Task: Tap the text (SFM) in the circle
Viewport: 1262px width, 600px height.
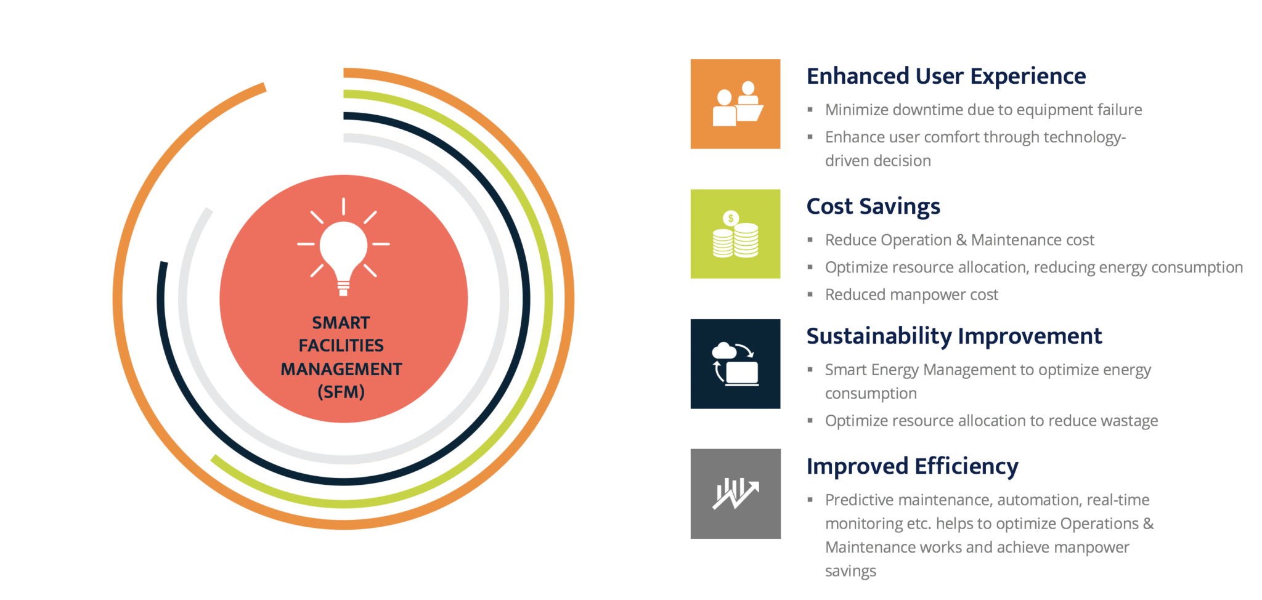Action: pos(341,392)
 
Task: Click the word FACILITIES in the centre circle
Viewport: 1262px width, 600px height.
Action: pos(341,346)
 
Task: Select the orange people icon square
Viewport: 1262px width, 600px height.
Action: pos(735,104)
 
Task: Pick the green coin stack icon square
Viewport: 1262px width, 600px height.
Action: pos(735,234)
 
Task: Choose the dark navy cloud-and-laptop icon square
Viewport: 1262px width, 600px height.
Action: pos(735,364)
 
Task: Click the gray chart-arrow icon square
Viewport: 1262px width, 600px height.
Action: pos(735,494)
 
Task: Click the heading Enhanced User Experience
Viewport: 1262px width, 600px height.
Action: pos(946,76)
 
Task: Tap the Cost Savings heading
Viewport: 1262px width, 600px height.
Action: pos(873,206)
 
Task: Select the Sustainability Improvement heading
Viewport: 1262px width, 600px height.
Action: pos(954,336)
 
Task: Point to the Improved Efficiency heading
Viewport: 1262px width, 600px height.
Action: pos(912,466)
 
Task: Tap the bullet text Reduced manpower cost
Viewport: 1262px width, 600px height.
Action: pos(911,295)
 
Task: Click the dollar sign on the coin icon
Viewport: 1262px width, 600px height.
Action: pos(731,218)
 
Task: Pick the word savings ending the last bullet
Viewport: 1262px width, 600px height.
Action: pos(850,571)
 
